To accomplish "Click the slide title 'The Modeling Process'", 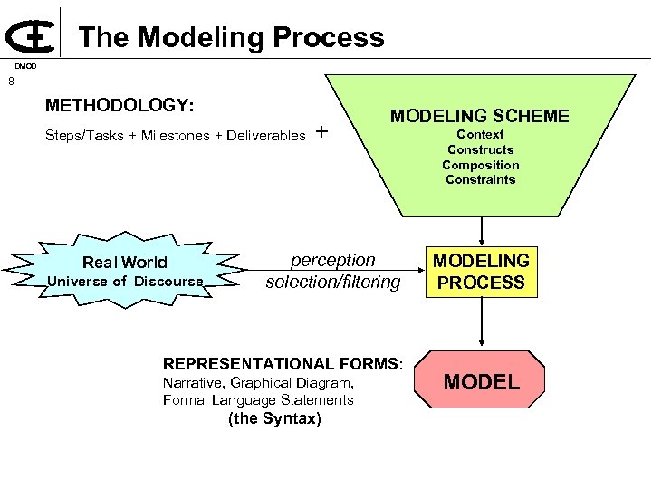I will tap(231, 37).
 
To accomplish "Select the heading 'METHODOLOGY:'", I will tap(120, 106).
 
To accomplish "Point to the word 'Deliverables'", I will tap(266, 136).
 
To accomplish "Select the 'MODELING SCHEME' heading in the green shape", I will tap(480, 116).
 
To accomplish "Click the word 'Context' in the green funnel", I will tap(480, 135).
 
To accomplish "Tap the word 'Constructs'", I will tap(480, 149).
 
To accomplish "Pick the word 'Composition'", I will tap(480, 165).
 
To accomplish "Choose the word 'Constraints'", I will tap(480, 179).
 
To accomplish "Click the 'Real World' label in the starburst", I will tap(125, 263).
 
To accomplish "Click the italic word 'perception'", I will tap(332, 260).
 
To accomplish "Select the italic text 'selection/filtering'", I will tap(332, 282).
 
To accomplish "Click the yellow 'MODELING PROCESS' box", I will tap(481, 272).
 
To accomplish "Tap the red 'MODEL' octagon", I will tap(481, 381).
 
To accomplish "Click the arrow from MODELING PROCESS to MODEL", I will tap(481, 321).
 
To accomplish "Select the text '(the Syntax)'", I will tap(275, 418).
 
